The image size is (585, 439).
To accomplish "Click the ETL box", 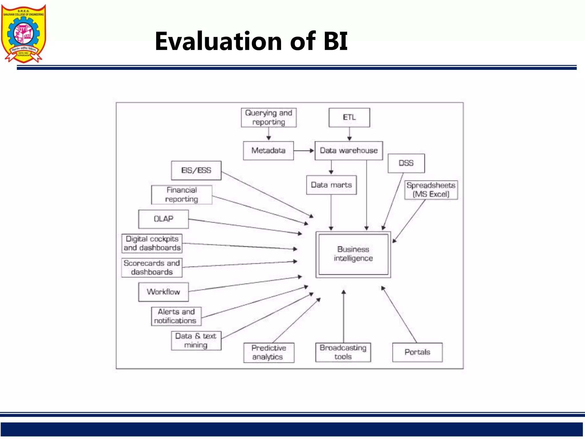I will click(x=349, y=117).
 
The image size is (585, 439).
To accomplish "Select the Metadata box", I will click(x=268, y=151).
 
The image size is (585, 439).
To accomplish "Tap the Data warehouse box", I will click(x=348, y=151).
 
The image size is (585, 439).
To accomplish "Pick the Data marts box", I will click(x=331, y=185).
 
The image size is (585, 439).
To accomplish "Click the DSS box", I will click(x=406, y=163).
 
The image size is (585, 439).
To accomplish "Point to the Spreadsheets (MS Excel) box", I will click(x=431, y=190).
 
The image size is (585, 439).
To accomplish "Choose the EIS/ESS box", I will click(x=196, y=170).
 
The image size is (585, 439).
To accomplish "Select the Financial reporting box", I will click(x=182, y=195).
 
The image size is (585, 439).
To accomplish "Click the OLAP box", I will click(x=163, y=219).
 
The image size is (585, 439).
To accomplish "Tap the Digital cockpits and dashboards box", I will click(x=152, y=243).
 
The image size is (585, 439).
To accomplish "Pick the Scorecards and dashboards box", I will click(x=152, y=268).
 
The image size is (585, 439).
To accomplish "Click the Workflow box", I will click(x=163, y=292).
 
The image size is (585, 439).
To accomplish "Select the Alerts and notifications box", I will click(x=176, y=316).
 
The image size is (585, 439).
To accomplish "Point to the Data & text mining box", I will click(x=196, y=340).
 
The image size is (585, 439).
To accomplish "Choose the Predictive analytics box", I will click(x=269, y=352).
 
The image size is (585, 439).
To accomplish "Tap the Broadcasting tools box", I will click(x=343, y=352).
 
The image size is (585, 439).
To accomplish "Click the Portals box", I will click(x=417, y=352).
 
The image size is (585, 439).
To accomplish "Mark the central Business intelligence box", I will click(x=353, y=254).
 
